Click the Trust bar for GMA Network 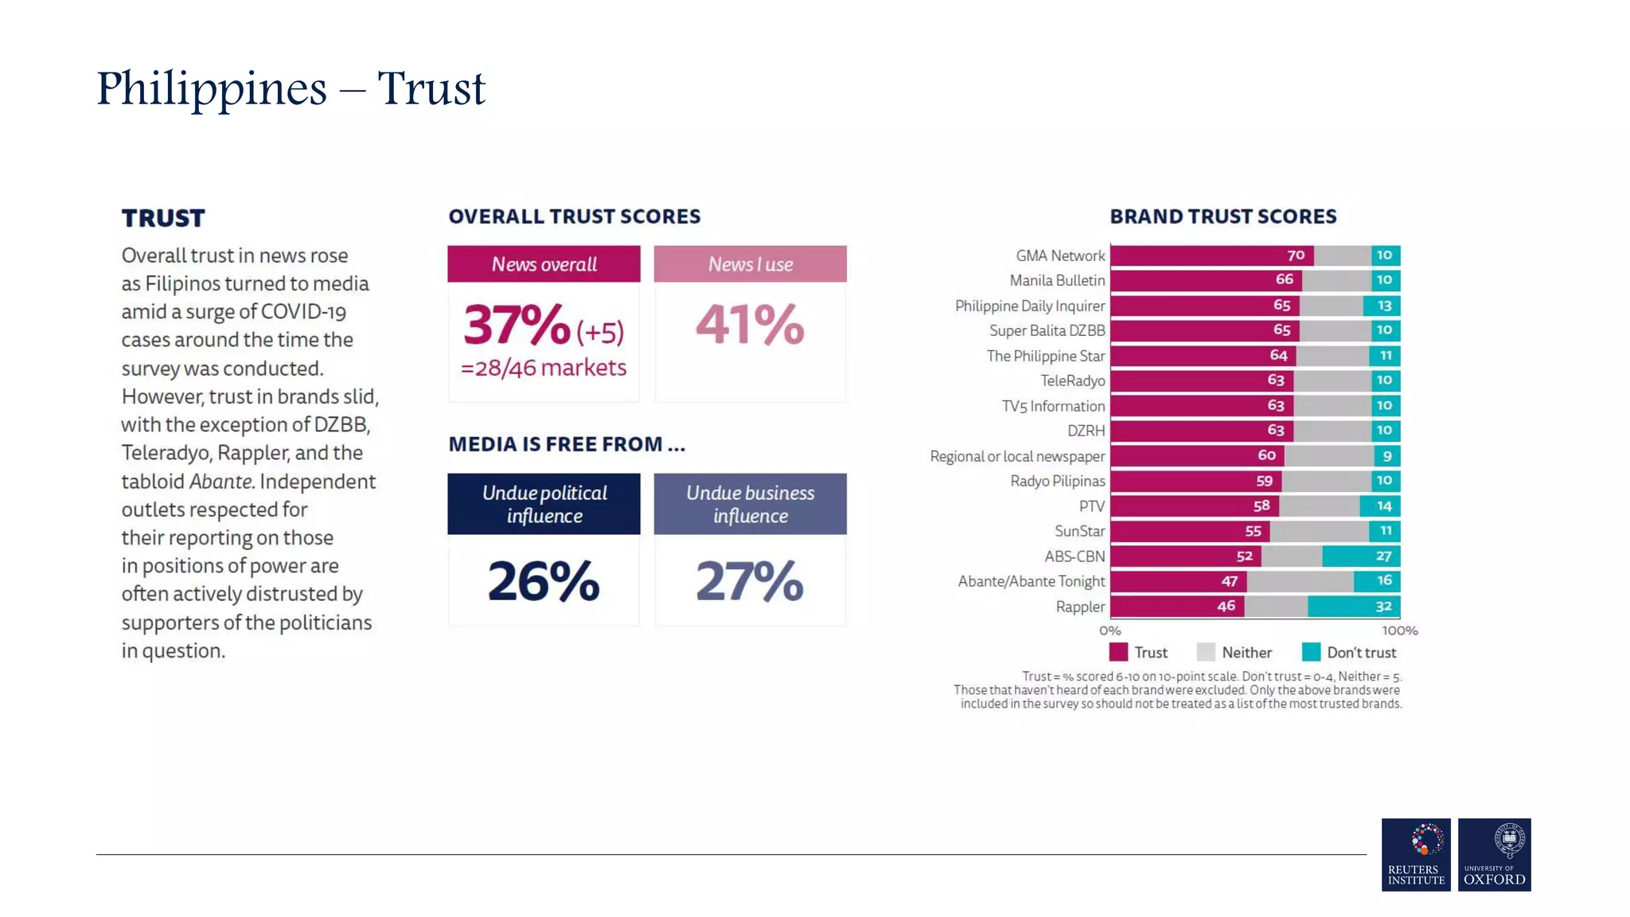1211,256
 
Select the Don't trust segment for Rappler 1353,607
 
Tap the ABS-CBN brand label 1074,556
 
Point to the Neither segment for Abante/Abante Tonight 1300,582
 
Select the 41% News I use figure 750,325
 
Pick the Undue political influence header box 544,504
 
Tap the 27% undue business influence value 750,581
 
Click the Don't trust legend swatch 1311,653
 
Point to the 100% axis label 1399,630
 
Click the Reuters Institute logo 1416,854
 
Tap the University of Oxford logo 1494,854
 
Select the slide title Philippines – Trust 291,88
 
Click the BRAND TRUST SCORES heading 1222,217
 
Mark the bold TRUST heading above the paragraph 163,218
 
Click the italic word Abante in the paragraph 220,482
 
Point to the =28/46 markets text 544,368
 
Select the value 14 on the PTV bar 1384,506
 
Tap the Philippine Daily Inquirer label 1029,306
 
